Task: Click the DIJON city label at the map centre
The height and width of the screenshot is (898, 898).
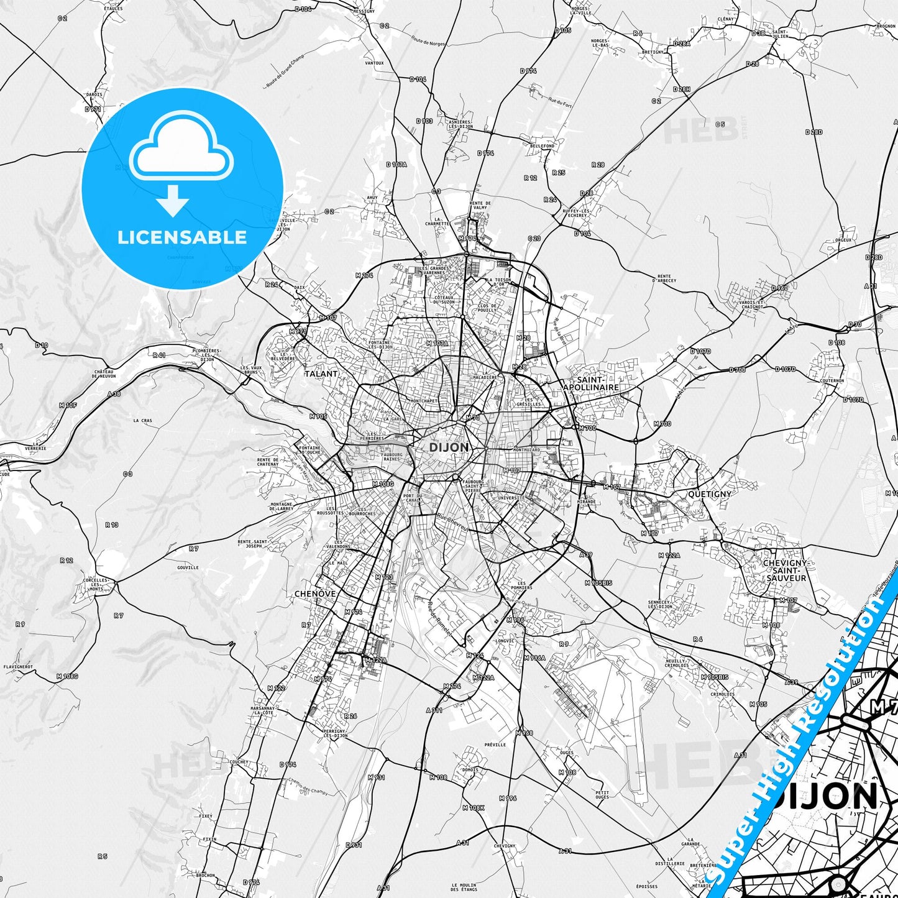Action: point(449,447)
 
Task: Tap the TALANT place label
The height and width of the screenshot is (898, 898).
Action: point(321,374)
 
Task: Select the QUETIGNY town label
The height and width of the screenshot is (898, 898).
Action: point(710,494)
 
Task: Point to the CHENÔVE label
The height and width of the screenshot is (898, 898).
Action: point(315,594)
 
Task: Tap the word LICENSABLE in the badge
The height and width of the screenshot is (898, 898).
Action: point(182,237)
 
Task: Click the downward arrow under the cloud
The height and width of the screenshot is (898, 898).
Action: point(173,201)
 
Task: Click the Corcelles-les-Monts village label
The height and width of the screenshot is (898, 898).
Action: point(96,585)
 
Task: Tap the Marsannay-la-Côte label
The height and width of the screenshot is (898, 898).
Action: point(263,710)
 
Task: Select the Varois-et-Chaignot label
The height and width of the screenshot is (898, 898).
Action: point(751,305)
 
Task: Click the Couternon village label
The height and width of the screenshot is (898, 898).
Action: point(832,380)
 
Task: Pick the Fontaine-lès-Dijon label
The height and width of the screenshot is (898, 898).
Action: point(379,345)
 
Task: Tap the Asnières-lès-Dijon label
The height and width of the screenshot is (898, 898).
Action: point(460,124)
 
